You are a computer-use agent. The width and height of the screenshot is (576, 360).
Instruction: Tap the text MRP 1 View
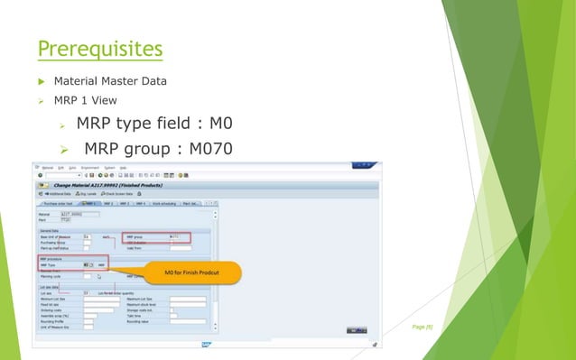pos(85,100)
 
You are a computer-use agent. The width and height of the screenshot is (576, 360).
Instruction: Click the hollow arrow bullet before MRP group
pos(64,148)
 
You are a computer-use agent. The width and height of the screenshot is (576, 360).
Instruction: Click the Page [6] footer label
pos(423,327)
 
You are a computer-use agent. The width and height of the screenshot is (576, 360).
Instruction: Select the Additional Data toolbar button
pos(58,193)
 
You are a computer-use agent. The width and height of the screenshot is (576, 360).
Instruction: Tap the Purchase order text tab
pos(60,204)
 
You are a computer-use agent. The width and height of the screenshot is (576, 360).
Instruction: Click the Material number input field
pos(71,214)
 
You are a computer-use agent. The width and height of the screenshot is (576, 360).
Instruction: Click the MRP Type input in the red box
pos(87,264)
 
